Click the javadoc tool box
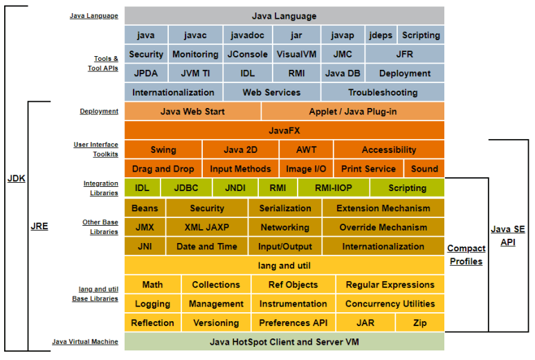(x=247, y=35)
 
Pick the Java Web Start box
(x=192, y=111)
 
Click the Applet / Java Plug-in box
(x=353, y=111)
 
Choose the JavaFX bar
(x=284, y=130)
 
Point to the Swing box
(x=163, y=150)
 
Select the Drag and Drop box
(x=163, y=169)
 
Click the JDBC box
(x=186, y=188)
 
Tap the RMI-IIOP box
(x=334, y=188)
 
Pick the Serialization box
(x=285, y=208)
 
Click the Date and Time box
(x=207, y=246)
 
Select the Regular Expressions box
(x=390, y=285)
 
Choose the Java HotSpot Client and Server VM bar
(x=284, y=342)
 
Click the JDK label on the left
(x=16, y=179)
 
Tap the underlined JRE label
(x=39, y=226)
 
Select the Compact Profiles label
(x=466, y=255)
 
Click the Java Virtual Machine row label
(x=84, y=342)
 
